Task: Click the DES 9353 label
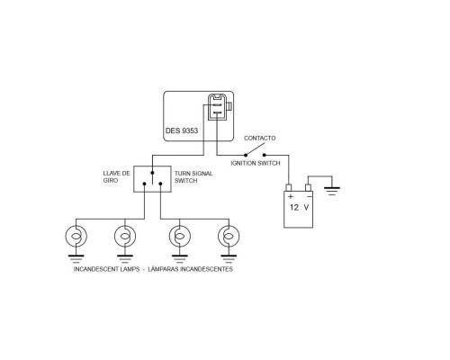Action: point(182,130)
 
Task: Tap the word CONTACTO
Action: point(259,138)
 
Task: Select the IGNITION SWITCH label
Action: point(256,163)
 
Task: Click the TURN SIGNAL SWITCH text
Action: point(193,177)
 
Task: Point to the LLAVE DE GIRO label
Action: point(116,176)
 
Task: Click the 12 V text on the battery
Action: point(299,207)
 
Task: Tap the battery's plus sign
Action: point(291,197)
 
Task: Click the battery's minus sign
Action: point(310,196)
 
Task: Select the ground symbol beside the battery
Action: point(332,191)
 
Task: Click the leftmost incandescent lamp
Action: point(76,237)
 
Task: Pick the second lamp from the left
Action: point(125,237)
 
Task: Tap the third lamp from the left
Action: point(180,237)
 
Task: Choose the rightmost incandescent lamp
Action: point(229,237)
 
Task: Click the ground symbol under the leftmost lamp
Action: point(76,259)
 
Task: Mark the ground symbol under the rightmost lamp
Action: point(229,259)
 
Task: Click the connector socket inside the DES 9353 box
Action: point(218,107)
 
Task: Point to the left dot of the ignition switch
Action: point(246,155)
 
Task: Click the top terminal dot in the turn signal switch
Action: point(152,173)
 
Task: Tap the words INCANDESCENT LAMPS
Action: point(106,269)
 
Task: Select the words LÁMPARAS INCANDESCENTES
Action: point(191,269)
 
